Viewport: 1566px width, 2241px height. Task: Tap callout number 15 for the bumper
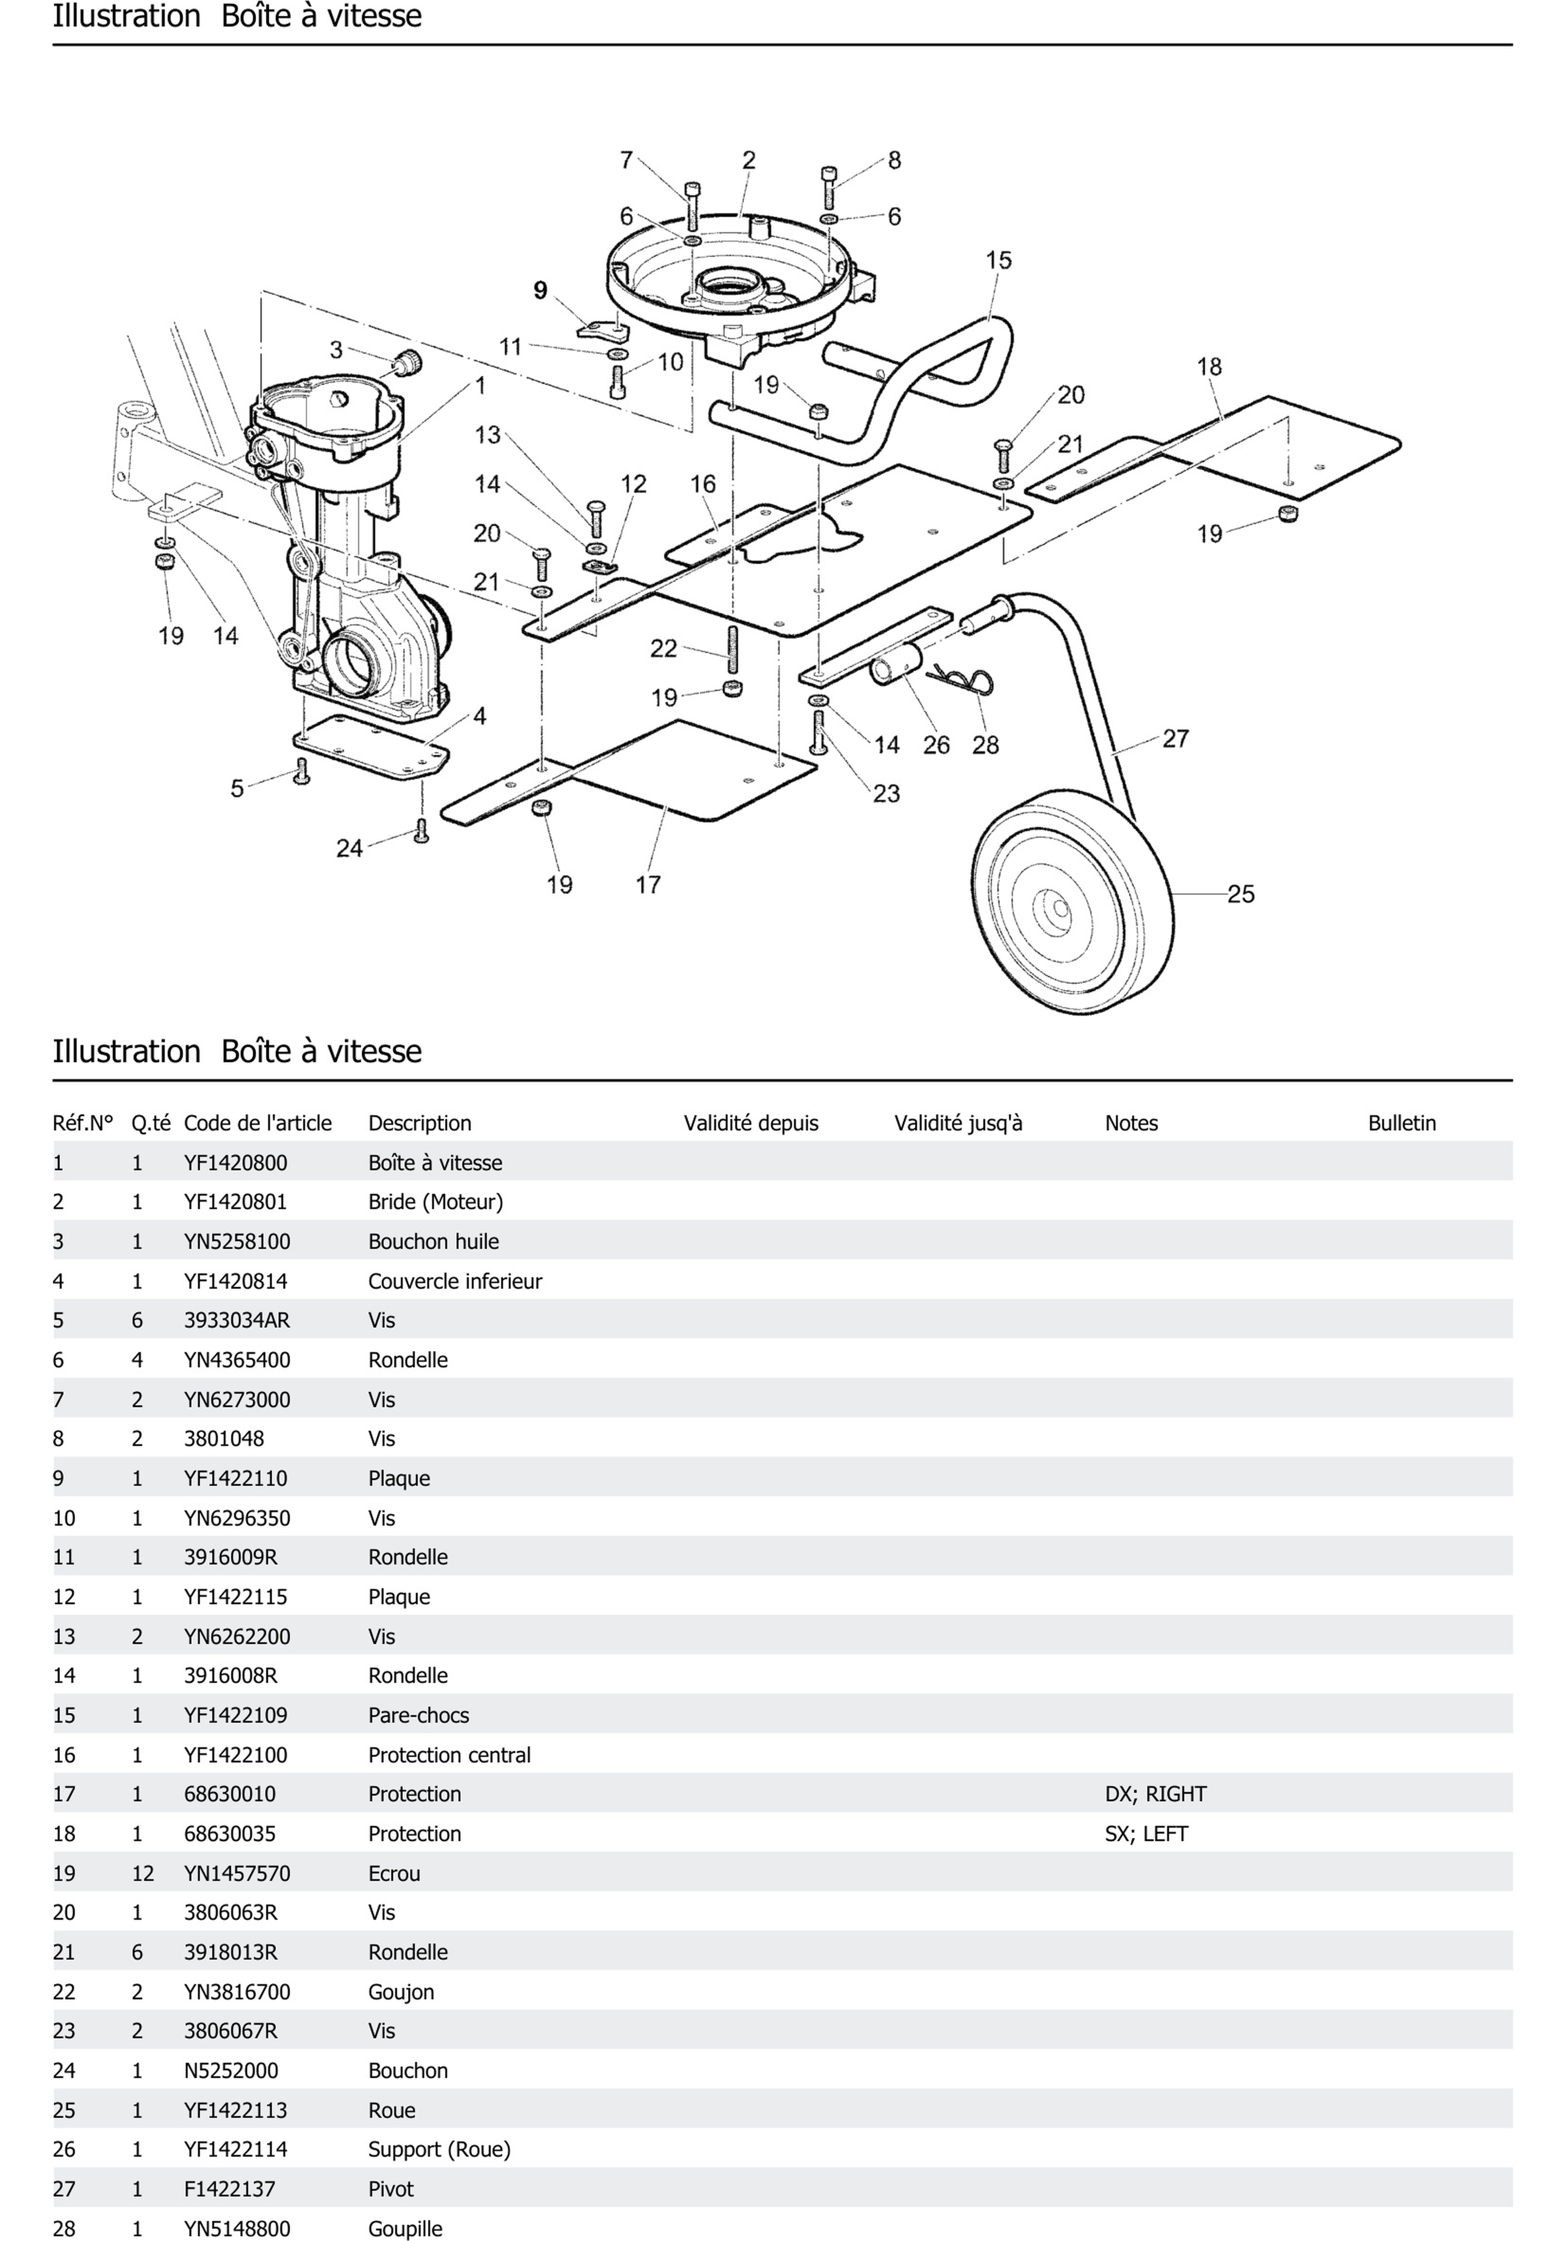pyautogui.click(x=998, y=261)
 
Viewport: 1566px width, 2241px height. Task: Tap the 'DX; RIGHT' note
pyautogui.click(x=1155, y=1794)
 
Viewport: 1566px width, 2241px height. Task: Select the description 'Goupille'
pyautogui.click(x=405, y=2228)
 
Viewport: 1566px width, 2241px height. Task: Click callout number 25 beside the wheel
pyautogui.click(x=1240, y=894)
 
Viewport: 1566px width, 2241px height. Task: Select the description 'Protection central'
pyautogui.click(x=449, y=1755)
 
